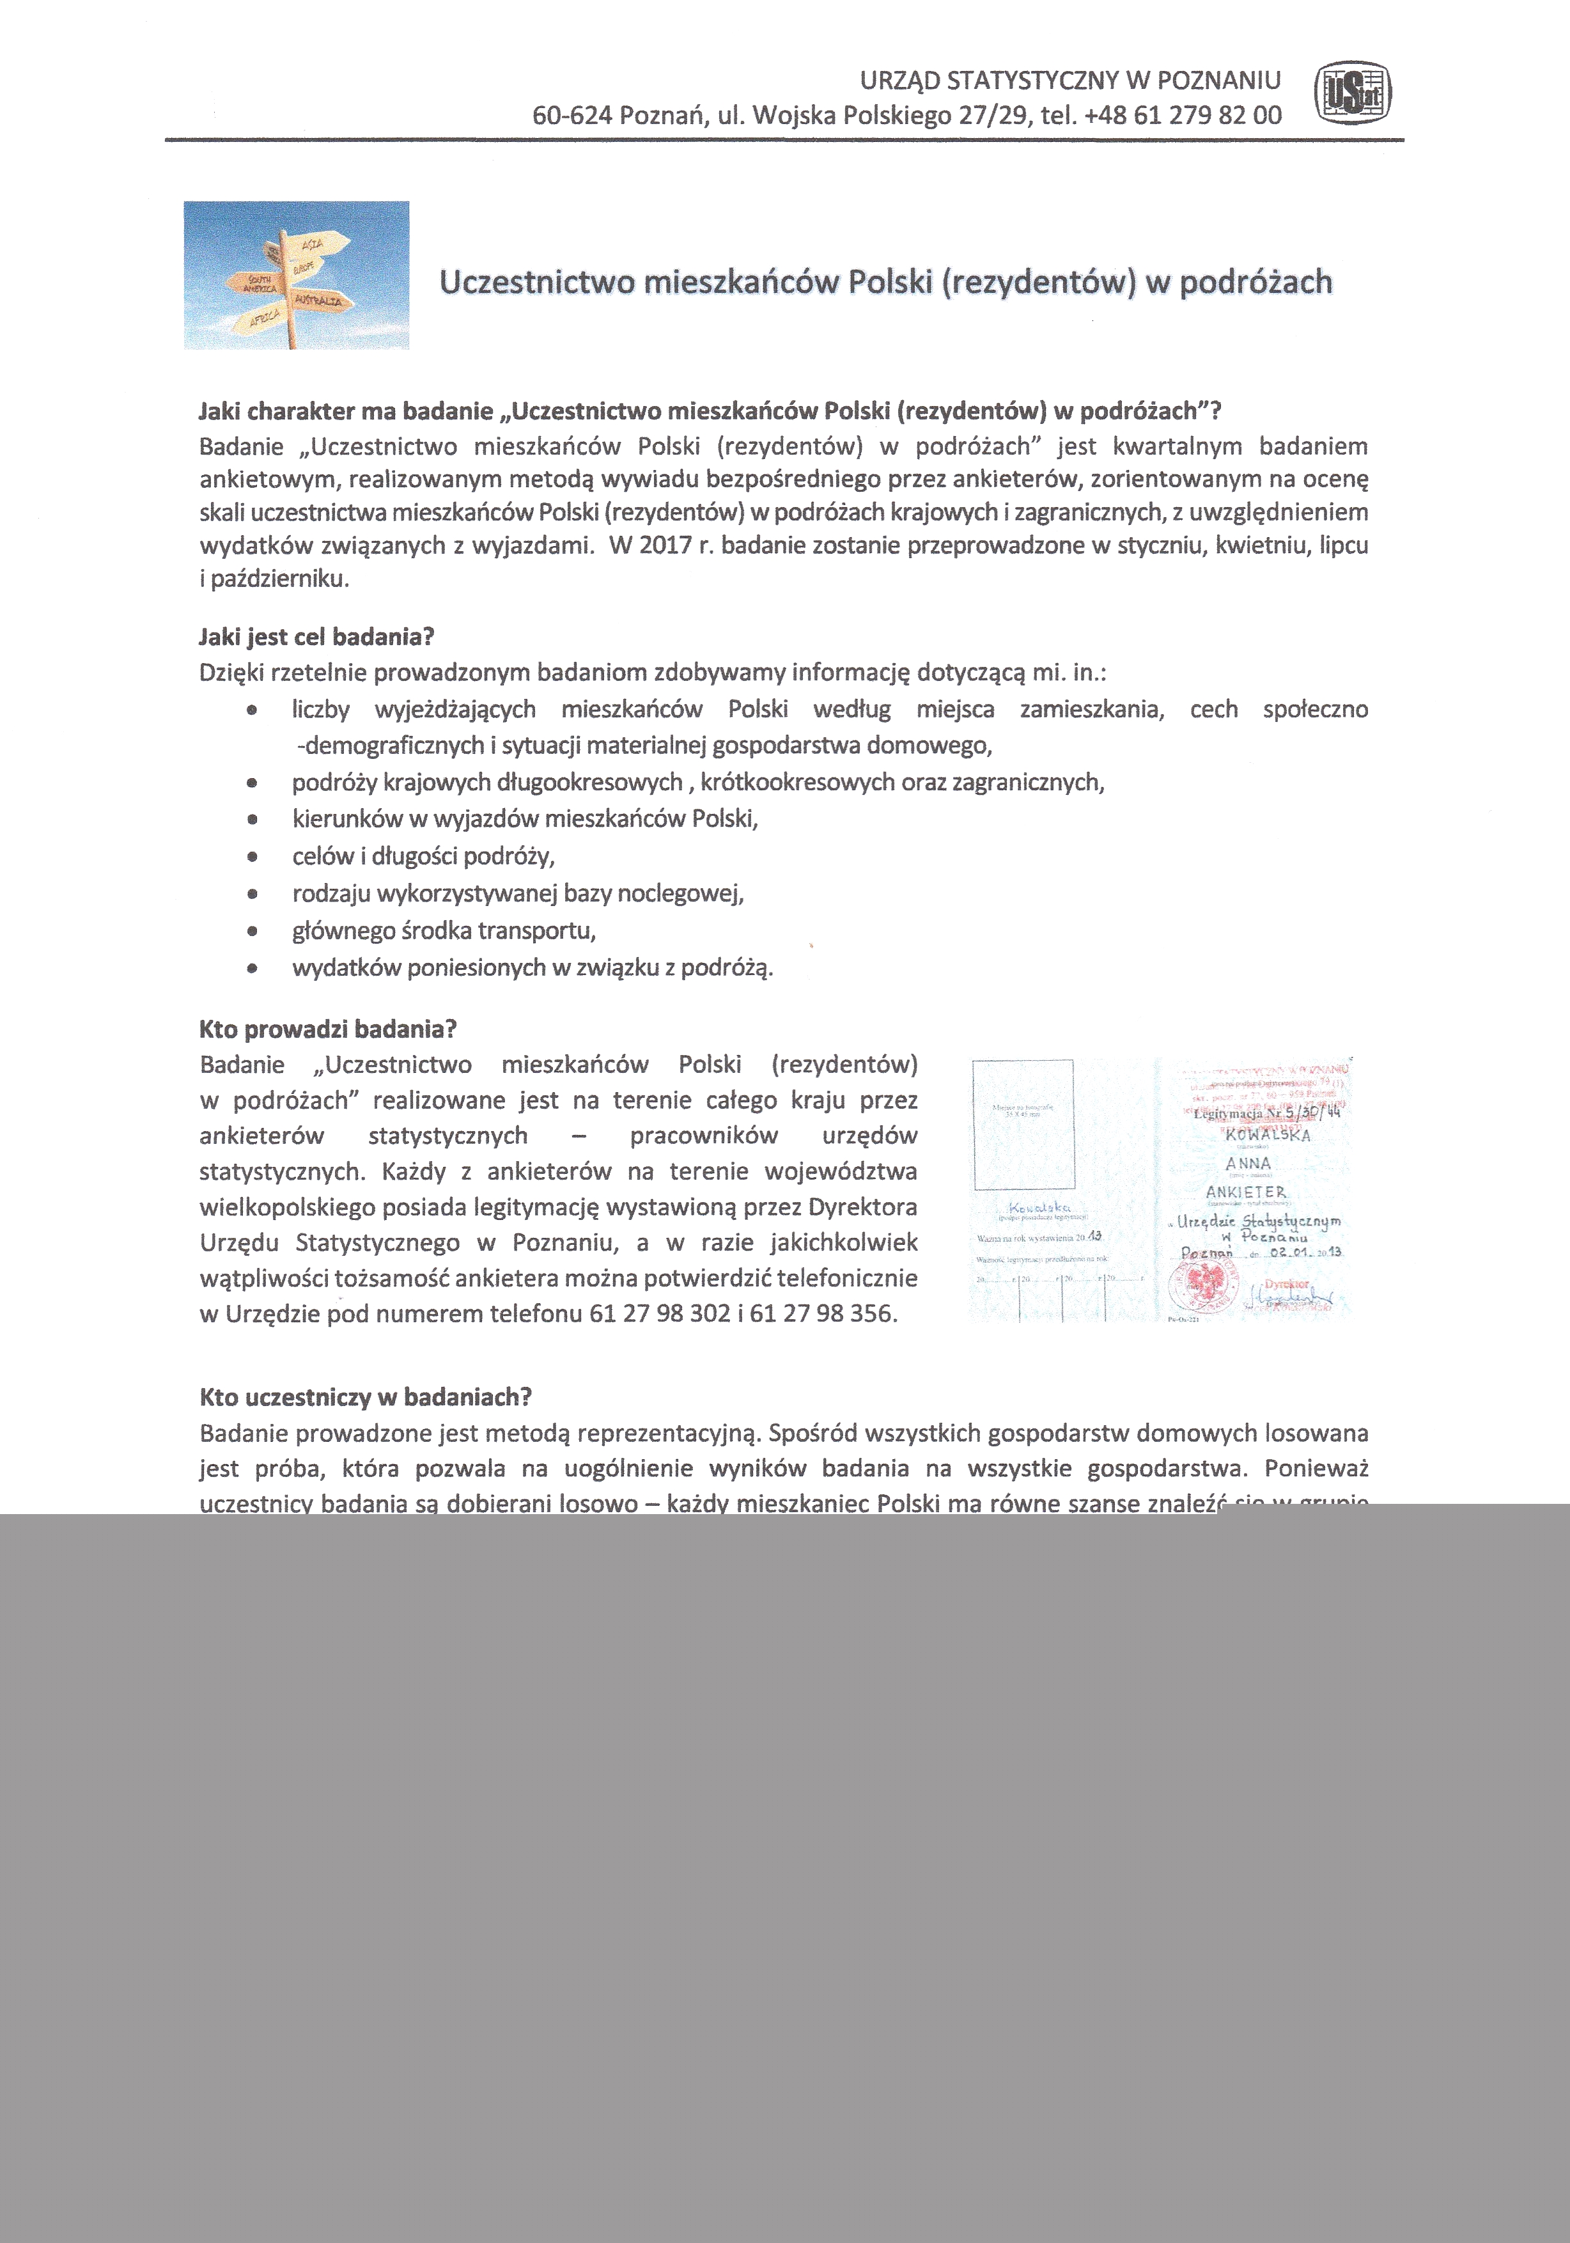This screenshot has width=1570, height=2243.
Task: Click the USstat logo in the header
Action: coord(1353,95)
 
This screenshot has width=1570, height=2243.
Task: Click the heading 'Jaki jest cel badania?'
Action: coord(316,637)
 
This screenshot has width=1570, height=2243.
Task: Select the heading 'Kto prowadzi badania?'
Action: coord(329,1029)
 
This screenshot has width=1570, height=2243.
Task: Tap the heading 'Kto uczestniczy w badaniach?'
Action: coord(366,1397)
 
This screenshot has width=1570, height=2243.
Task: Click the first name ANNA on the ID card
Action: coord(1248,1164)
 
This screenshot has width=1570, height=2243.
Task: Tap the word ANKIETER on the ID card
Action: coord(1246,1192)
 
